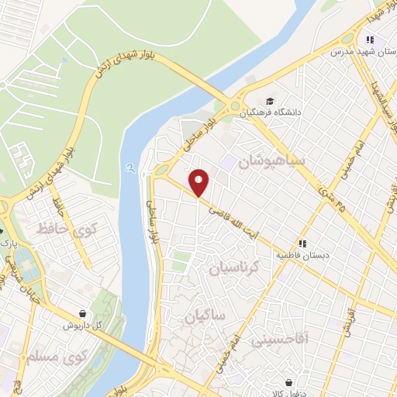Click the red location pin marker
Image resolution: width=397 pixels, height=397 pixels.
(199, 182)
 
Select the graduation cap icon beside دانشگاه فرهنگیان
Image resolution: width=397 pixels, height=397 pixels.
(269, 100)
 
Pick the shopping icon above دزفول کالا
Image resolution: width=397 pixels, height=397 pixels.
(289, 382)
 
